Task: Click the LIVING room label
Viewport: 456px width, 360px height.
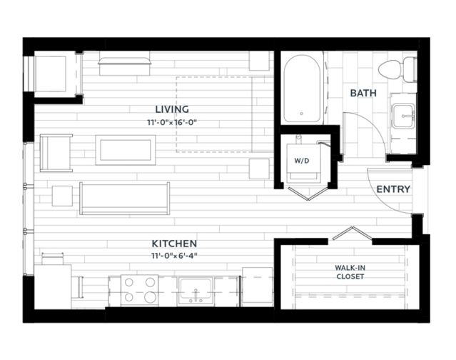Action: point(172,109)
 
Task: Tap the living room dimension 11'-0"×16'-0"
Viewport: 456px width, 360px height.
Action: point(172,123)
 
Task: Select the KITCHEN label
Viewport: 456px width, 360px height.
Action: point(174,244)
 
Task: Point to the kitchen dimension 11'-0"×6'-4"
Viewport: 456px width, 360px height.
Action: point(174,256)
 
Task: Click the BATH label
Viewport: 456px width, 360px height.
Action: point(363,93)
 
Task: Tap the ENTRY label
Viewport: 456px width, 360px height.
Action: point(393,189)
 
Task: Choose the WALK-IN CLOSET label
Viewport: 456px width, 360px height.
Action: point(350,272)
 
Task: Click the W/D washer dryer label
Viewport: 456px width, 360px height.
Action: point(302,161)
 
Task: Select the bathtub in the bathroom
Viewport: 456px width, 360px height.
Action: point(302,89)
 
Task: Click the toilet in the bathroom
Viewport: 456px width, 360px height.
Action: point(397,69)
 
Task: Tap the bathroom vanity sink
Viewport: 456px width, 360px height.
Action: point(403,116)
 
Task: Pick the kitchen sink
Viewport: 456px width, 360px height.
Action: point(196,291)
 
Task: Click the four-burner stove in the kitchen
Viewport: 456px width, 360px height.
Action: point(139,290)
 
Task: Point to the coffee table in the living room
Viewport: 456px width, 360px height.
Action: point(126,150)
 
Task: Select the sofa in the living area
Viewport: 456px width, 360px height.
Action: point(124,199)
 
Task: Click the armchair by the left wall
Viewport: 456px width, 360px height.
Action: point(56,153)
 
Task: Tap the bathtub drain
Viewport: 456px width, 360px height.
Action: point(302,114)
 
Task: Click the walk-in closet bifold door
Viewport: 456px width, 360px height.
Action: point(353,233)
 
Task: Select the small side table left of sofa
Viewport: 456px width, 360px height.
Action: point(62,196)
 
